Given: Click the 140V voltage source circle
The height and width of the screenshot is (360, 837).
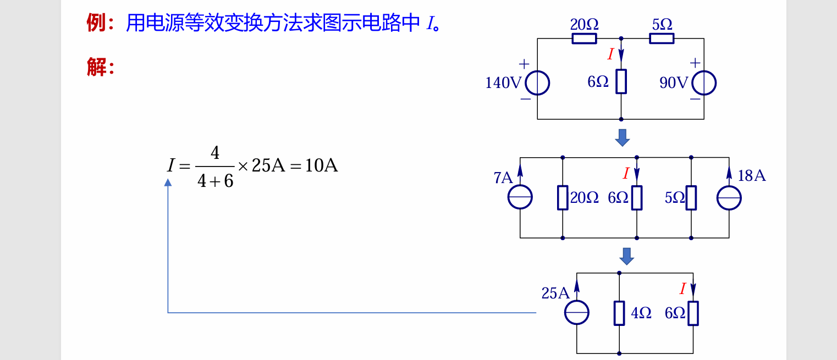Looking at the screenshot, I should click(x=537, y=83).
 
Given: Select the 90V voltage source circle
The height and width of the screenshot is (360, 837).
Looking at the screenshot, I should click(x=704, y=83).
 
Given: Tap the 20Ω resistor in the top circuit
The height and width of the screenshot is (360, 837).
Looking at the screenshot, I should click(x=584, y=38).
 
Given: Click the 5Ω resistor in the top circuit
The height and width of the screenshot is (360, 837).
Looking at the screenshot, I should click(x=662, y=38).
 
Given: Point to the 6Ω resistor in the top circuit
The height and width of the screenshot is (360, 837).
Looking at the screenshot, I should click(x=621, y=81).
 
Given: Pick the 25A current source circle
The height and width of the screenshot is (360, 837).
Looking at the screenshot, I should click(x=577, y=312).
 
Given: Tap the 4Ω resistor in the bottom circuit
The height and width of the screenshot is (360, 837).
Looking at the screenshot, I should click(x=619, y=313).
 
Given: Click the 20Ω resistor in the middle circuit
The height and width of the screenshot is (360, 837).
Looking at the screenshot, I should click(x=563, y=198).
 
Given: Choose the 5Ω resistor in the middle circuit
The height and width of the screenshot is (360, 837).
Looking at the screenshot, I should click(x=691, y=198).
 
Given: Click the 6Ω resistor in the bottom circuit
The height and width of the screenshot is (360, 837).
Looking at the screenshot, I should click(x=693, y=313).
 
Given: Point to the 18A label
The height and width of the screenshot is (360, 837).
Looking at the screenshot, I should click(x=752, y=176).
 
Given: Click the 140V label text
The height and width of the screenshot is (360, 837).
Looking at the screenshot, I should click(x=503, y=83).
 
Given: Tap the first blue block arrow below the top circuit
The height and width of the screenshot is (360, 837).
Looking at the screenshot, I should click(x=622, y=137).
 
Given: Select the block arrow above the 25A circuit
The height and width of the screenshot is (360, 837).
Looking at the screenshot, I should click(x=626, y=256).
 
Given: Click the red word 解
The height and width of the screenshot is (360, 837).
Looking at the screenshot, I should click(x=96, y=68).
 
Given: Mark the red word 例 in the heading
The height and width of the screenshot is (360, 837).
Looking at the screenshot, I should click(x=96, y=23).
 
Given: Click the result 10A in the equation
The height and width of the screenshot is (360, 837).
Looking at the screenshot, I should click(x=321, y=165).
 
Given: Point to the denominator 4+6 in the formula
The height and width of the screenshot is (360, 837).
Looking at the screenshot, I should click(x=215, y=181).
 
